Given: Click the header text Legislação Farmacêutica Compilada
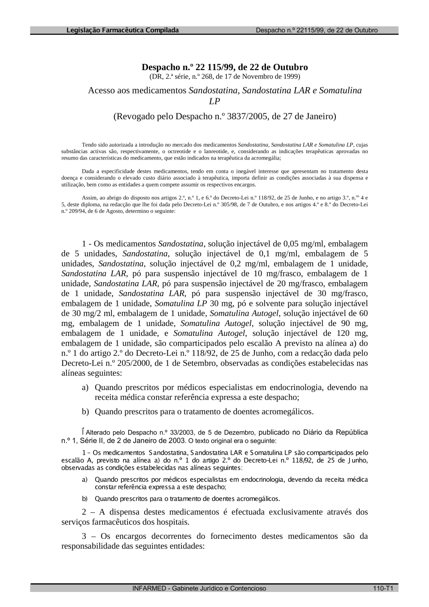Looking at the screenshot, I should pyautogui.click(x=123, y=30).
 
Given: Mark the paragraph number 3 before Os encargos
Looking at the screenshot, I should pyautogui.click(x=84, y=536).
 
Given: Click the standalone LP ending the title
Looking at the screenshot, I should pyautogui.click(x=214, y=102).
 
